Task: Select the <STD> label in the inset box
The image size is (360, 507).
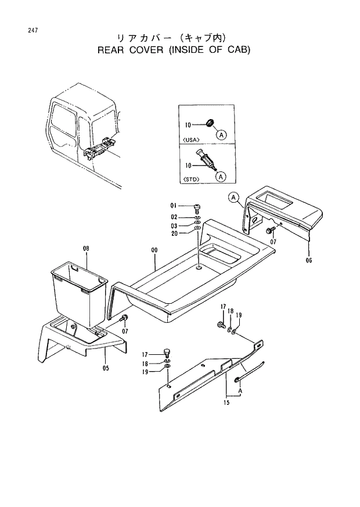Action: (x=191, y=179)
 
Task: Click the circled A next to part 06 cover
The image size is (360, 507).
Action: (x=233, y=198)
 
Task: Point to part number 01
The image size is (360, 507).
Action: (x=174, y=206)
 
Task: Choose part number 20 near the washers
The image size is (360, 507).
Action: (x=174, y=234)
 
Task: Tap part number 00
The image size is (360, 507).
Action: (x=154, y=250)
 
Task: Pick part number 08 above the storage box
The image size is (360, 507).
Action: (x=86, y=248)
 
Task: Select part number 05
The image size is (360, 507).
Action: (x=106, y=367)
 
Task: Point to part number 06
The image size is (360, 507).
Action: (x=309, y=260)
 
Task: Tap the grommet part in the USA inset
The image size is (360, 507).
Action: (x=210, y=123)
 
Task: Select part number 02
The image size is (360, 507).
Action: (x=174, y=217)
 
